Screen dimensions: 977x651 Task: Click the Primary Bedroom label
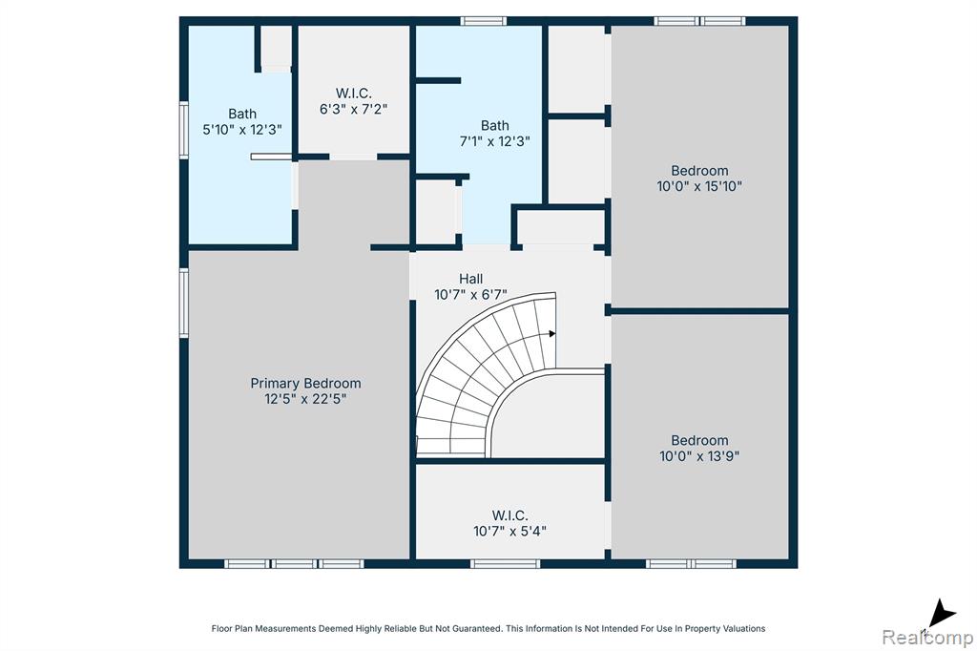click(305, 384)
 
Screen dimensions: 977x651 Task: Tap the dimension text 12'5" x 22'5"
click(305, 399)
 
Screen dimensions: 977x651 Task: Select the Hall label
click(471, 279)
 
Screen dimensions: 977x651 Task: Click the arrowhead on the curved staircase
click(551, 334)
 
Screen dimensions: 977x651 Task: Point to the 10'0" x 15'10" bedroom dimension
click(699, 186)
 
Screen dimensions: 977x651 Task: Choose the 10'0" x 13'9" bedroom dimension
click(699, 456)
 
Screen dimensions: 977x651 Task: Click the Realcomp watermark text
click(927, 638)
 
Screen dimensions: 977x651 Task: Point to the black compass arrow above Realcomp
click(942, 614)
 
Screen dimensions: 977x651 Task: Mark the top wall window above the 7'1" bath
click(484, 21)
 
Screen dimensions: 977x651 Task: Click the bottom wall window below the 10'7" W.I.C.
click(506, 564)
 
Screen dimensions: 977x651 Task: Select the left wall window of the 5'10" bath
click(184, 131)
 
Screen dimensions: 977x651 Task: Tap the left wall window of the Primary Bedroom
click(184, 303)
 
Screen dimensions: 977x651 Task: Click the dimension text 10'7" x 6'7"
click(471, 294)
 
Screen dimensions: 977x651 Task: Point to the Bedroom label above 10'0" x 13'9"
click(699, 440)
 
